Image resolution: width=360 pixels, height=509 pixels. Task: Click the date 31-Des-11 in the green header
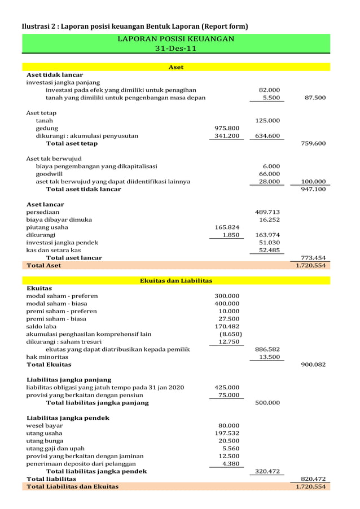pyautogui.click(x=175, y=49)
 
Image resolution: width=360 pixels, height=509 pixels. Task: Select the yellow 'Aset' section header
pyautogui.click(x=176, y=67)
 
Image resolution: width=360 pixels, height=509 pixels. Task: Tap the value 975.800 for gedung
pyautogui.click(x=227, y=128)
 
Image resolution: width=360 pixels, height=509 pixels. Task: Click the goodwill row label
pyautogui.click(x=49, y=174)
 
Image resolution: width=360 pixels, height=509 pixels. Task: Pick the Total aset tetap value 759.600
pyautogui.click(x=315, y=143)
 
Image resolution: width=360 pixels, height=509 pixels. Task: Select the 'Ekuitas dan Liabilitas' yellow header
pyautogui.click(x=175, y=280)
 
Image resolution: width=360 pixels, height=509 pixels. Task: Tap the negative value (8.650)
pyautogui.click(x=230, y=334)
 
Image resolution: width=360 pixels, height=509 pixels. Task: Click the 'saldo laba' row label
pyautogui.click(x=41, y=326)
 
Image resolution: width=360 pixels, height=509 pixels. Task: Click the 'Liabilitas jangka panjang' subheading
pyautogui.click(x=69, y=380)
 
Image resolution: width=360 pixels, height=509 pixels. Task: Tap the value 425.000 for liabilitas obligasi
pyautogui.click(x=227, y=388)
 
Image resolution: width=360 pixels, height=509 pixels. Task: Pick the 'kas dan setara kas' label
pyautogui.click(x=54, y=250)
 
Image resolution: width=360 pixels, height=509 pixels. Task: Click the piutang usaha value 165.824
pyautogui.click(x=227, y=227)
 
